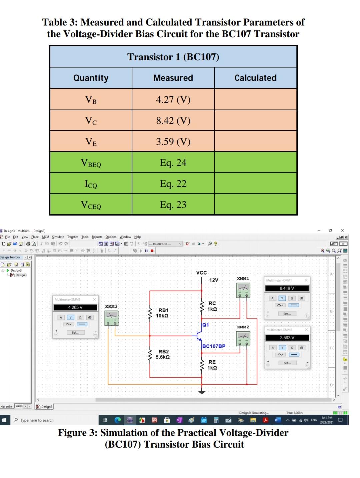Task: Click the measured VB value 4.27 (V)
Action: [173, 99]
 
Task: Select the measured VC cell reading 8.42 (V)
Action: [173, 120]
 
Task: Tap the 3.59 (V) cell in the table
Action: [173, 141]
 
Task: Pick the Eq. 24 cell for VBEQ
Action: [173, 162]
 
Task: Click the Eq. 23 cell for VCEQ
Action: [173, 204]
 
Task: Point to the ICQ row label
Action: [91, 184]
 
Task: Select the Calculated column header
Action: [255, 78]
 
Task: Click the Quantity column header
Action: [91, 78]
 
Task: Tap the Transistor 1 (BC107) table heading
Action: [173, 57]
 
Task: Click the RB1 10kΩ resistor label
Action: [163, 313]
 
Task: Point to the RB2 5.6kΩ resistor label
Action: [163, 354]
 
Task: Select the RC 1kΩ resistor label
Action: [212, 306]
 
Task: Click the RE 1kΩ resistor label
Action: [212, 365]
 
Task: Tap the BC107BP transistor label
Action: [214, 346]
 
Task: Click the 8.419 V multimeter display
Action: [287, 288]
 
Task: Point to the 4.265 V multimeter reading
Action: [75, 307]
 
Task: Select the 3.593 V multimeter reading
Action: [287, 338]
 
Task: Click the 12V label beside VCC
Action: [214, 280]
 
